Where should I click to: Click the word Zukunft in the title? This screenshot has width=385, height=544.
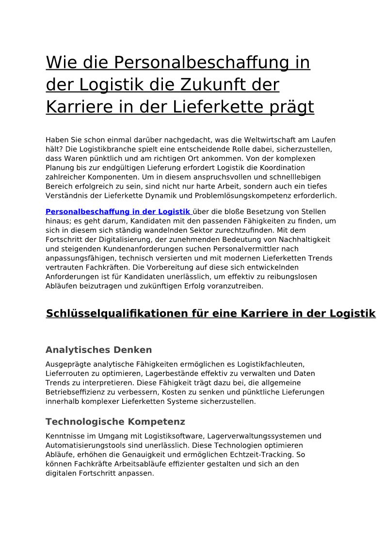pos(209,85)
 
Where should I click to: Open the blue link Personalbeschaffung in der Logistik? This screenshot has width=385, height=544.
pos(118,212)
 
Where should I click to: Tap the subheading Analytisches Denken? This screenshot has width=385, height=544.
pos(99,350)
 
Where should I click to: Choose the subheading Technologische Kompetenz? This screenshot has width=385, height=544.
pos(115,422)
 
